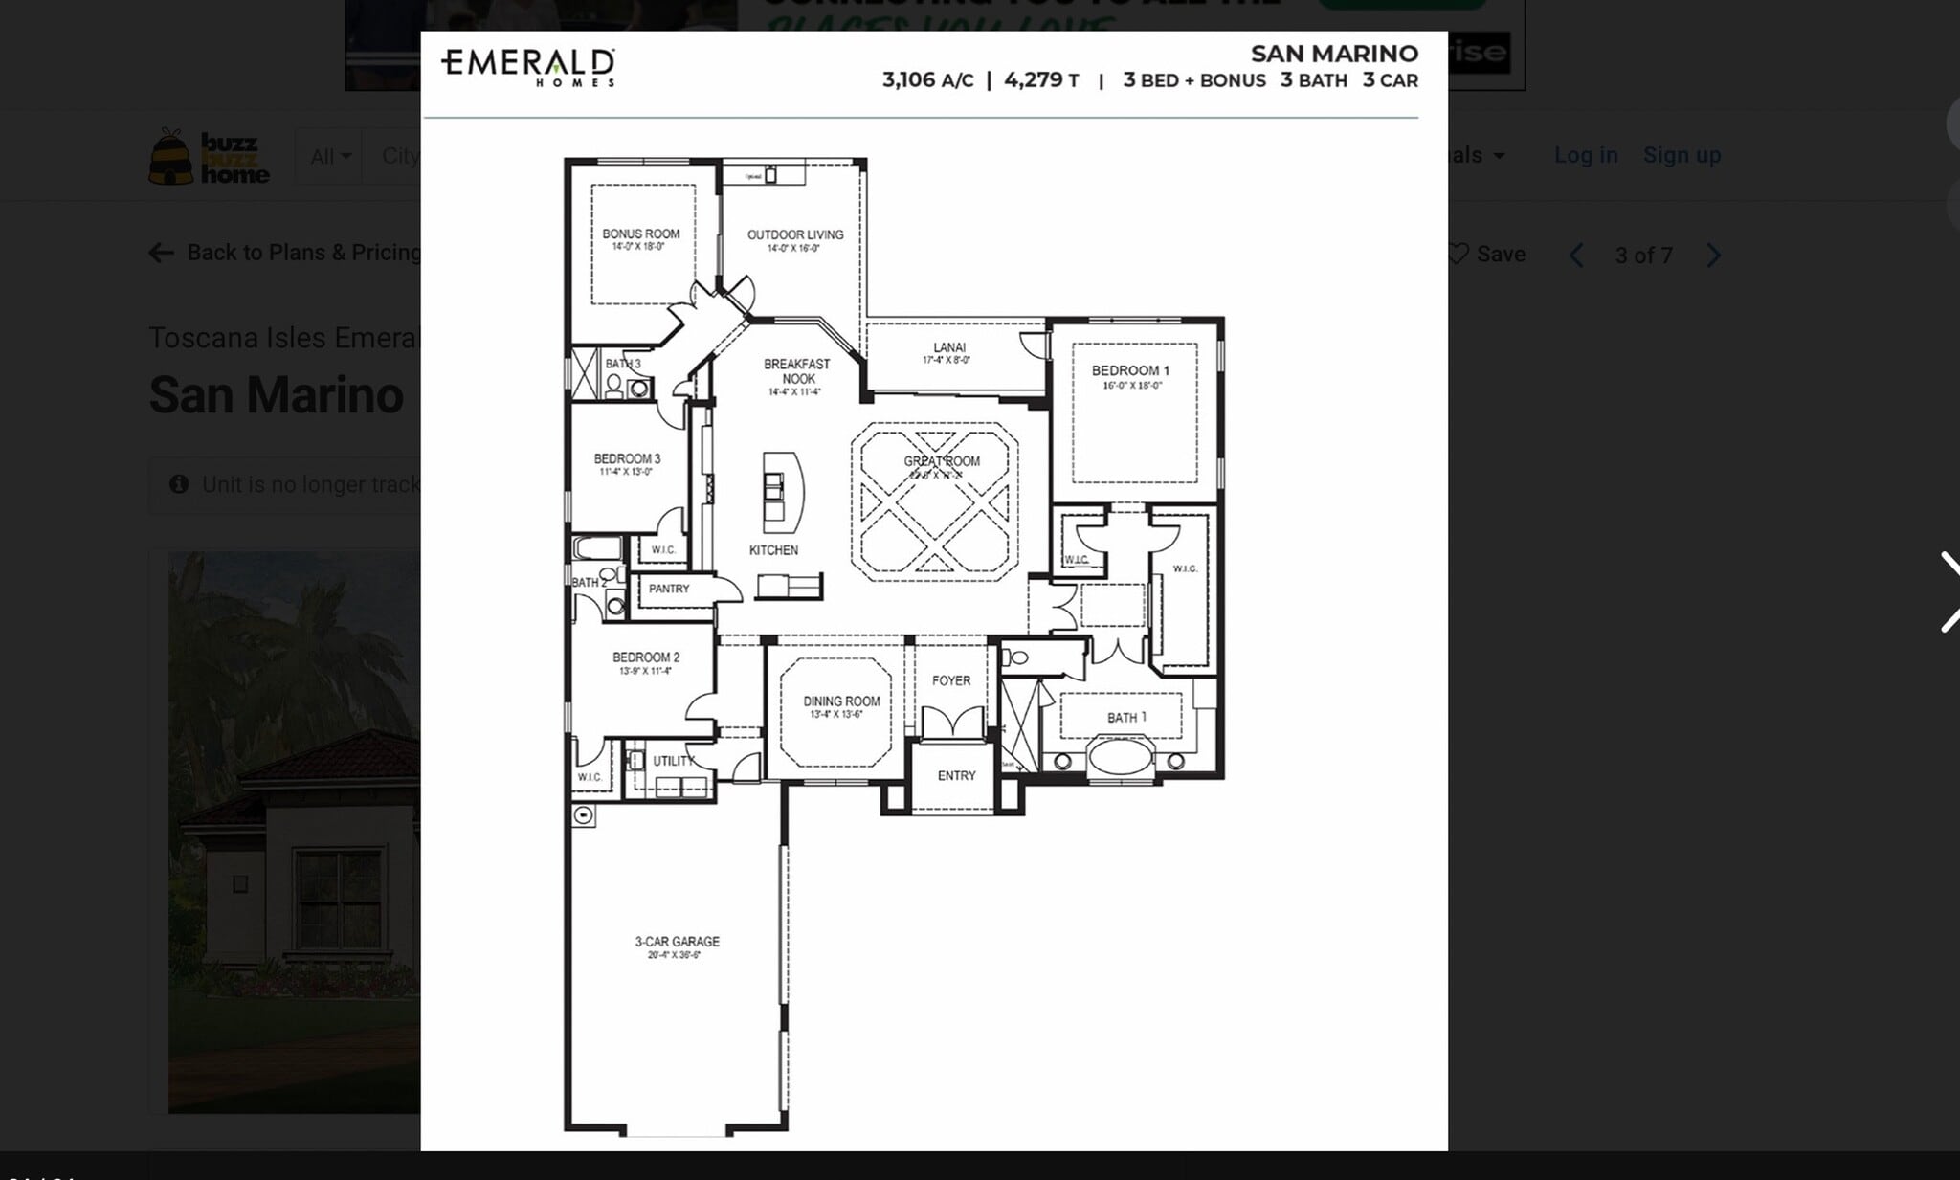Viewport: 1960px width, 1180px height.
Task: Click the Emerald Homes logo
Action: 527,67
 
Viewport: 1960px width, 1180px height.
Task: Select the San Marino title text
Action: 1333,54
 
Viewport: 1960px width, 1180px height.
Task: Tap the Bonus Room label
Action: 640,234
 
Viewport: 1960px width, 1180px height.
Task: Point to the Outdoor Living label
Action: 794,235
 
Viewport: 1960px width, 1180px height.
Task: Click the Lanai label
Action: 948,348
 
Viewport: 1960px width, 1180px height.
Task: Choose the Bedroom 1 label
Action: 1130,371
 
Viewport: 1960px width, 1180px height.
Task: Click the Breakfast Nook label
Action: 796,371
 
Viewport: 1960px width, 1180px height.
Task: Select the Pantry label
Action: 668,589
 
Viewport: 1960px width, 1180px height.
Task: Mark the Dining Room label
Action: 840,701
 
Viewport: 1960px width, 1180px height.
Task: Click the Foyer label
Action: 950,680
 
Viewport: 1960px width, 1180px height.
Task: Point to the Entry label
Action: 955,775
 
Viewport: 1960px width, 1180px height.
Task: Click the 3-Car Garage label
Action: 677,942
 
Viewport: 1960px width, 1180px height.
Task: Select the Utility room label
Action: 673,761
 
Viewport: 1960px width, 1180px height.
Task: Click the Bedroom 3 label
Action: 627,459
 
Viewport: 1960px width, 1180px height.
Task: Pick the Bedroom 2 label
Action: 646,657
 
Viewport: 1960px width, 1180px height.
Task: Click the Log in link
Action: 1585,155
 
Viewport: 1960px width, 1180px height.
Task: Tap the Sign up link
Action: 1682,155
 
